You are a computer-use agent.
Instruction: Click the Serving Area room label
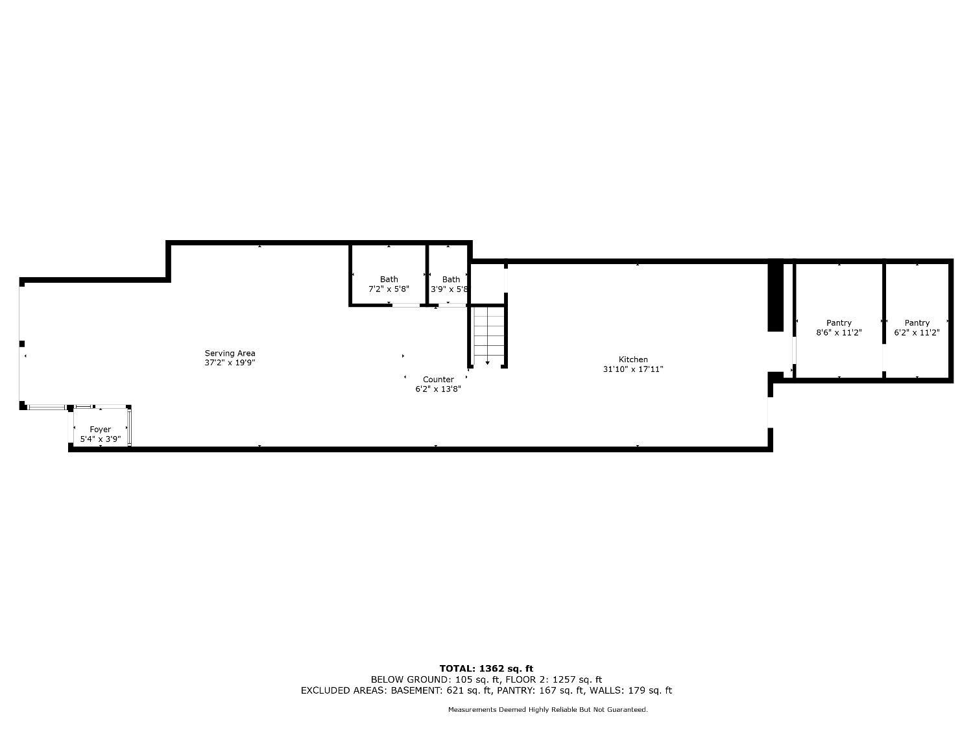pos(230,358)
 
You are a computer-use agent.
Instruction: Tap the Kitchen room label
pos(633,364)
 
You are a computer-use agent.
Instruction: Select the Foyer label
pos(100,434)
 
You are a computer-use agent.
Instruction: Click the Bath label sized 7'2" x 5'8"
pos(389,284)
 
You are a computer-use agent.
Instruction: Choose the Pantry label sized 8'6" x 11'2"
pos(839,328)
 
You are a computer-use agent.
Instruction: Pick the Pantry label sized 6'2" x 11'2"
pos(917,328)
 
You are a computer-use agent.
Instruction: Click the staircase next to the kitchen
pos(488,335)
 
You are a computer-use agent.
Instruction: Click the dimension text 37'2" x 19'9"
pos(230,363)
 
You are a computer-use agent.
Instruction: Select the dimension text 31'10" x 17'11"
pos(633,369)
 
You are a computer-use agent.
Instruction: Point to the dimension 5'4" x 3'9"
pos(100,439)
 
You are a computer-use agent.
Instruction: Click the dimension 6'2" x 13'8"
pos(438,389)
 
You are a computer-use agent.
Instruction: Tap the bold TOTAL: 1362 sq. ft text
pos(486,668)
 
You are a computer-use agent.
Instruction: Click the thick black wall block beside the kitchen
pos(775,295)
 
